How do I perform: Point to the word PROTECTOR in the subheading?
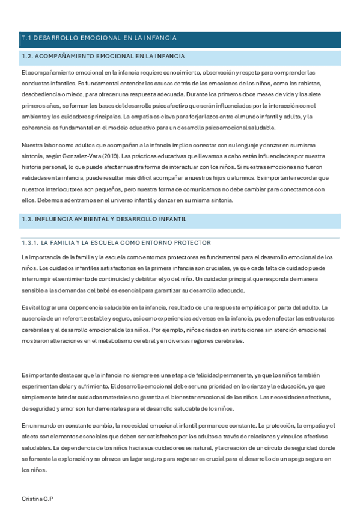click(x=192, y=242)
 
